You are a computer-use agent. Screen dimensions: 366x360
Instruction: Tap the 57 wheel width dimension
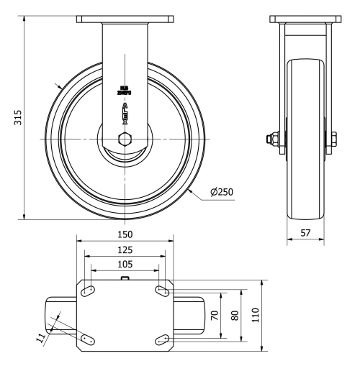coord(305,233)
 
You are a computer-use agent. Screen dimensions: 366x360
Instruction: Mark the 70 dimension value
coord(214,315)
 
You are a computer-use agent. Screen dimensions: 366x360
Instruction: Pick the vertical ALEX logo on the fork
coord(125,111)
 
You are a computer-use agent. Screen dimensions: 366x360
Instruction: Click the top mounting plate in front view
coord(125,19)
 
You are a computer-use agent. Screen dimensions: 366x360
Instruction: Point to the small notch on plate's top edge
coord(125,278)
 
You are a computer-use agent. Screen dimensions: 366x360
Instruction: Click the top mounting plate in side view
coord(305,19)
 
